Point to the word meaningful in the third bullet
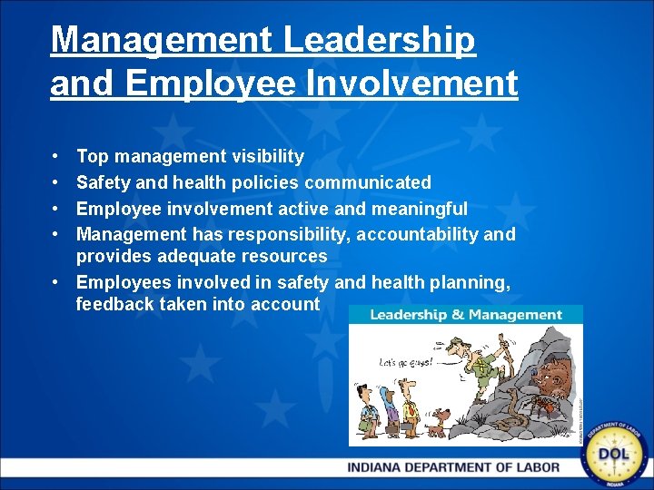(x=421, y=209)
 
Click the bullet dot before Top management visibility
(x=56, y=158)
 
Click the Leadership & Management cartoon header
(x=466, y=315)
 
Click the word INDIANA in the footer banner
(x=387, y=468)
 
